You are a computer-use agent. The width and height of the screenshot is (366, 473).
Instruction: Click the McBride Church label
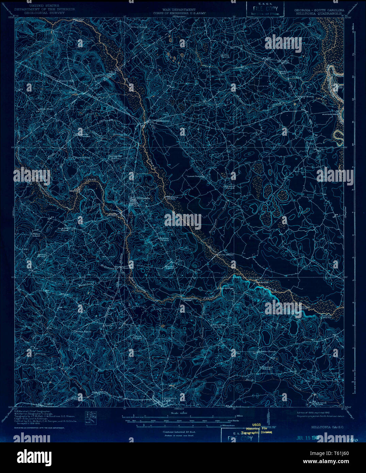click(266, 351)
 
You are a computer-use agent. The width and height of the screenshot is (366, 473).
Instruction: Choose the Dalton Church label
click(225, 55)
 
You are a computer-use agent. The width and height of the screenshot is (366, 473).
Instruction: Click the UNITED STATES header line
click(44, 6)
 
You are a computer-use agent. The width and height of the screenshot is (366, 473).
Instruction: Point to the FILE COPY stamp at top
click(265, 8)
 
